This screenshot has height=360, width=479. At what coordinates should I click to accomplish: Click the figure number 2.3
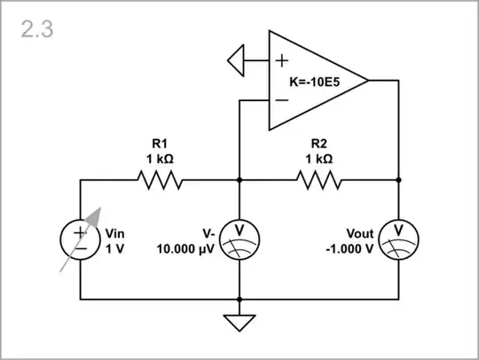(36, 29)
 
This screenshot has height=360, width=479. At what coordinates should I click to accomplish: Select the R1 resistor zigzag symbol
(160, 180)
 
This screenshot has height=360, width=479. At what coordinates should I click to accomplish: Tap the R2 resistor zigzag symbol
(319, 180)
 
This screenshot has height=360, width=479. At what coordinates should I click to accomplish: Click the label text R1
(160, 143)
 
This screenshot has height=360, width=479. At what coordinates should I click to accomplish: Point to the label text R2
(320, 143)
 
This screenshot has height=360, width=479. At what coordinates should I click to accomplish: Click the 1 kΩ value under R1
(160, 159)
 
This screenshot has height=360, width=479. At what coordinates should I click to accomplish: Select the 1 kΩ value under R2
(320, 159)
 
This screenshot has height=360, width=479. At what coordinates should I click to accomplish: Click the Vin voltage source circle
(81, 239)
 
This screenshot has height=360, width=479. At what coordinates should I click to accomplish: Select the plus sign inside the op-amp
(281, 61)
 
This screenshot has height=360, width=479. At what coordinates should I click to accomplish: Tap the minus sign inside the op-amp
(281, 100)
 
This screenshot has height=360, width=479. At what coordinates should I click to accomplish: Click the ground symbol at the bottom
(239, 320)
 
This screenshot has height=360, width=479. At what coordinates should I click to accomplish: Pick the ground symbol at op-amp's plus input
(236, 61)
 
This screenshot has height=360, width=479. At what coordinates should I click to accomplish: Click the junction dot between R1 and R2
(239, 180)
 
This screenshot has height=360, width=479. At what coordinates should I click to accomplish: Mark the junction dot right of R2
(399, 180)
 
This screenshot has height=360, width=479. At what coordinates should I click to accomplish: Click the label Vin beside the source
(116, 233)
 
